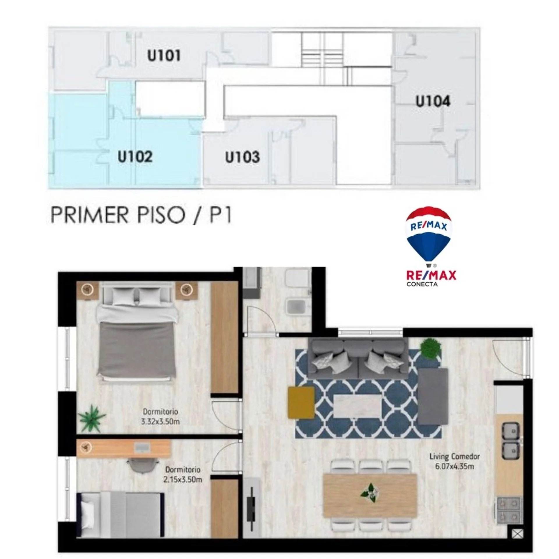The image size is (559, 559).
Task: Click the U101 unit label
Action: point(164,56)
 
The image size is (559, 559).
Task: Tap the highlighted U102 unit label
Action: point(135,157)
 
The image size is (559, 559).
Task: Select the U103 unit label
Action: point(242,157)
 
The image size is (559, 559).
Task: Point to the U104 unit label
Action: point(433,101)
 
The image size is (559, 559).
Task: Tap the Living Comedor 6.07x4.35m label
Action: point(454,461)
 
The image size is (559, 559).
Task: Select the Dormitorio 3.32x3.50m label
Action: point(160,416)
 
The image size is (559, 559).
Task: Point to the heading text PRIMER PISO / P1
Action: point(141,215)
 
